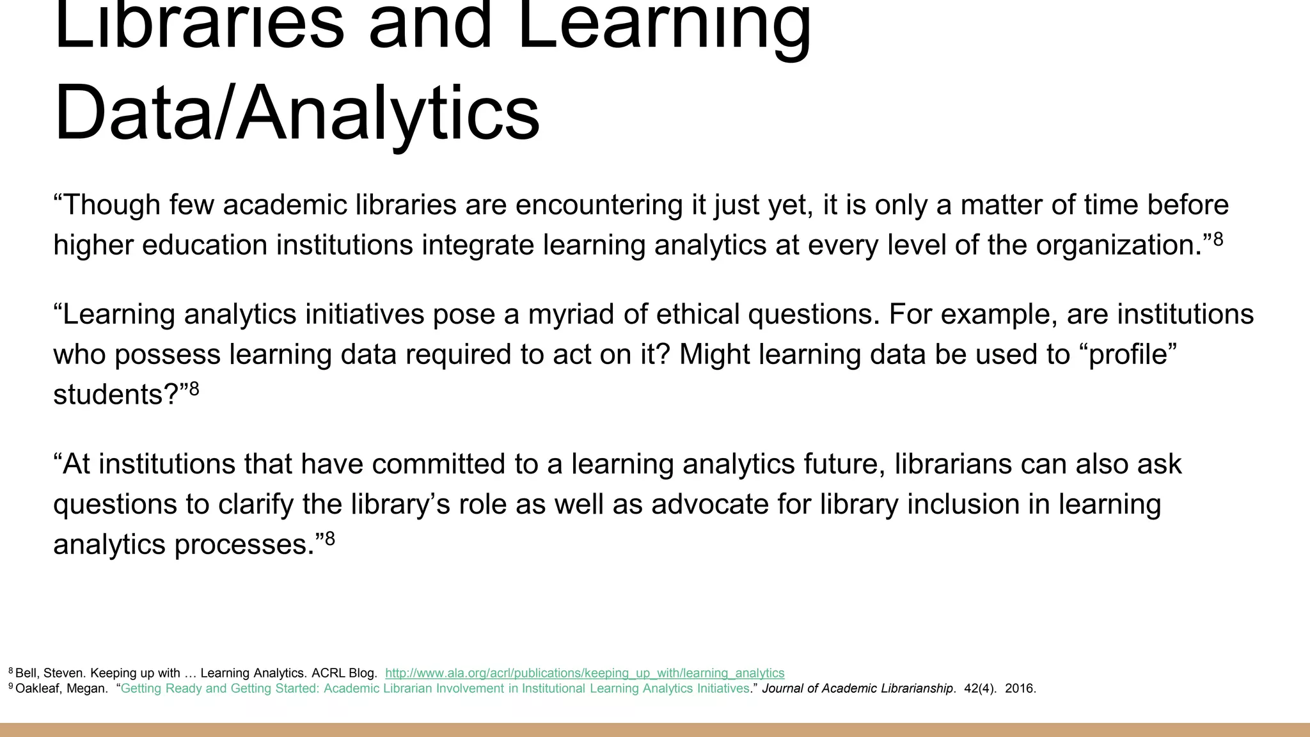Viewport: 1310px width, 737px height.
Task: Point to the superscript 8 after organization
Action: pyautogui.click(x=1218, y=239)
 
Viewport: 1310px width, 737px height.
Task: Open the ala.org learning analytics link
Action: pyautogui.click(x=585, y=673)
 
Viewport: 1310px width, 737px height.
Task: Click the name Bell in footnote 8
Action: pyautogui.click(x=26, y=673)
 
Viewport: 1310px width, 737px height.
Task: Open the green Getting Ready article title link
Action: pyautogui.click(x=435, y=689)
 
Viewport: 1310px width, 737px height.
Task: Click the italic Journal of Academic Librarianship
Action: pyautogui.click(x=858, y=689)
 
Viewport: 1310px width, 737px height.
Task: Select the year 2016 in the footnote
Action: pyautogui.click(x=1019, y=689)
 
